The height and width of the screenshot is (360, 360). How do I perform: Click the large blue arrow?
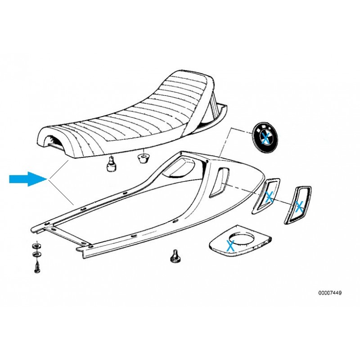point(28,179)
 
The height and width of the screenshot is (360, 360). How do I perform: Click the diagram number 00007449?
point(330,293)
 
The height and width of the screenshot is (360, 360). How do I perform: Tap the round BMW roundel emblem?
point(265,137)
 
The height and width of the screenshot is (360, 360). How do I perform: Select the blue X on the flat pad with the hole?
point(230,245)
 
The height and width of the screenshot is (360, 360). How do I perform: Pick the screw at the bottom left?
point(37,267)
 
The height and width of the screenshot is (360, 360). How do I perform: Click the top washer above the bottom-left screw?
point(36,246)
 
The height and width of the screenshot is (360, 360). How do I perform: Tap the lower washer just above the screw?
point(36,254)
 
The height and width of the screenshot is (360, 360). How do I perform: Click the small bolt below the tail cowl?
point(175,256)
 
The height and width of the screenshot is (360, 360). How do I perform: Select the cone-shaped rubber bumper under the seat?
point(144,158)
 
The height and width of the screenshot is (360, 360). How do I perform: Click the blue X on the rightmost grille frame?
point(299,206)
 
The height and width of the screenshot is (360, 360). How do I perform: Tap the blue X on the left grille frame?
point(269,197)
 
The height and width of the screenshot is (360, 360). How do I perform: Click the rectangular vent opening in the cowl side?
point(219,183)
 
